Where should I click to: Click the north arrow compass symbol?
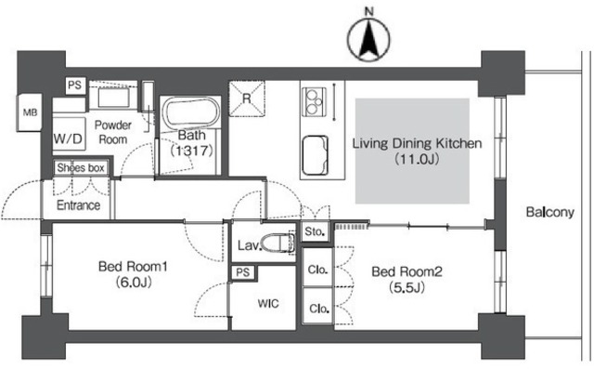tap(368, 39)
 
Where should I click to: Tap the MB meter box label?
tap(31, 112)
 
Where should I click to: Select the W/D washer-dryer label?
tap(68, 138)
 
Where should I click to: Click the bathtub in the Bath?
tap(191, 112)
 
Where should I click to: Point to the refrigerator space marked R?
tap(247, 99)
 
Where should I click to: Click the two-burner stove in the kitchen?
tap(314, 101)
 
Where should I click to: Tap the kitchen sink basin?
tap(315, 155)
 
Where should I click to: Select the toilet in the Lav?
tap(278, 243)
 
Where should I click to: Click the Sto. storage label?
tap(315, 231)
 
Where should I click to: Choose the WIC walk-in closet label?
tap(268, 303)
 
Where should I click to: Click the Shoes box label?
tap(81, 167)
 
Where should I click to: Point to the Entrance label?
tap(78, 205)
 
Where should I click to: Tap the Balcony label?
tap(550, 212)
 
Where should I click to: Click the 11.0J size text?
tap(417, 159)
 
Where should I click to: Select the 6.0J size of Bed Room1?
tap(134, 283)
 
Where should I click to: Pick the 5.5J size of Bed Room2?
tap(407, 287)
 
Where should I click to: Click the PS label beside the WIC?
tap(243, 272)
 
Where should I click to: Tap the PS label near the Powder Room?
tap(74, 85)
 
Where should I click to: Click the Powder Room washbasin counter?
tap(113, 98)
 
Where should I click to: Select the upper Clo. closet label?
tap(317, 270)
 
